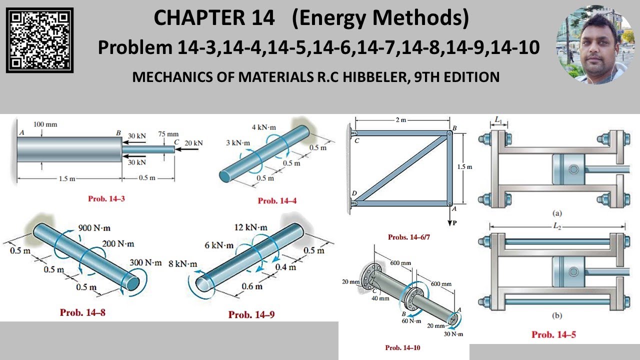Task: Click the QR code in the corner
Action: (39, 40)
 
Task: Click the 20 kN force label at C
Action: (193, 143)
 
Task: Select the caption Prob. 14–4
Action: (277, 200)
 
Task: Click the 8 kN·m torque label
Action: (183, 264)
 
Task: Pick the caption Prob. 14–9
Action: (251, 314)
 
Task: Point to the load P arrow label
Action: (454, 223)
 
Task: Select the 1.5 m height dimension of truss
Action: (464, 166)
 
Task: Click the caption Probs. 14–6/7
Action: (408, 237)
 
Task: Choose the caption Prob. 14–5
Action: (553, 334)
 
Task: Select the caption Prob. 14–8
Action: (82, 312)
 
